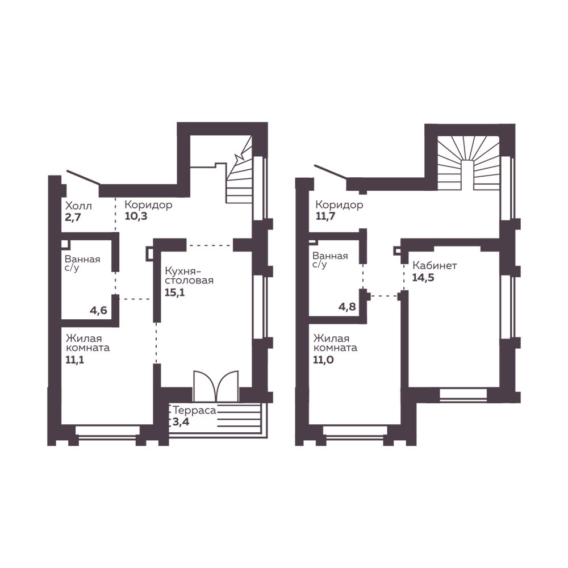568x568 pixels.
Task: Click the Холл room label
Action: coord(78,206)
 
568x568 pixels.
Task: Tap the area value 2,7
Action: coord(73,218)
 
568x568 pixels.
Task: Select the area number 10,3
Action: coord(136,216)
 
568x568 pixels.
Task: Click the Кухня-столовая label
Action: coord(189,275)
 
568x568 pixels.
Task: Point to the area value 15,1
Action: coord(174,292)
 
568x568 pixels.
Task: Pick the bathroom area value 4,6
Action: coord(98,311)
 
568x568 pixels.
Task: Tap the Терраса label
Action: coord(194,411)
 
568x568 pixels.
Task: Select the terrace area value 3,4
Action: coord(181,421)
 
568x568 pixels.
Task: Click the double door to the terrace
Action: coord(216,386)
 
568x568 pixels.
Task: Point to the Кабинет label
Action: coord(435,265)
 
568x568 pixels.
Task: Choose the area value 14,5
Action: coord(423,278)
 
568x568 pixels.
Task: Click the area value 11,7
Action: coord(325,216)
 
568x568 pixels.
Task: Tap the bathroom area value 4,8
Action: coord(347,307)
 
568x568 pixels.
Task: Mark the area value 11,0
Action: coord(324,360)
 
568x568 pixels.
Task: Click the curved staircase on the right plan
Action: coord(468,163)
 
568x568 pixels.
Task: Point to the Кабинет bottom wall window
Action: coord(463,395)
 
